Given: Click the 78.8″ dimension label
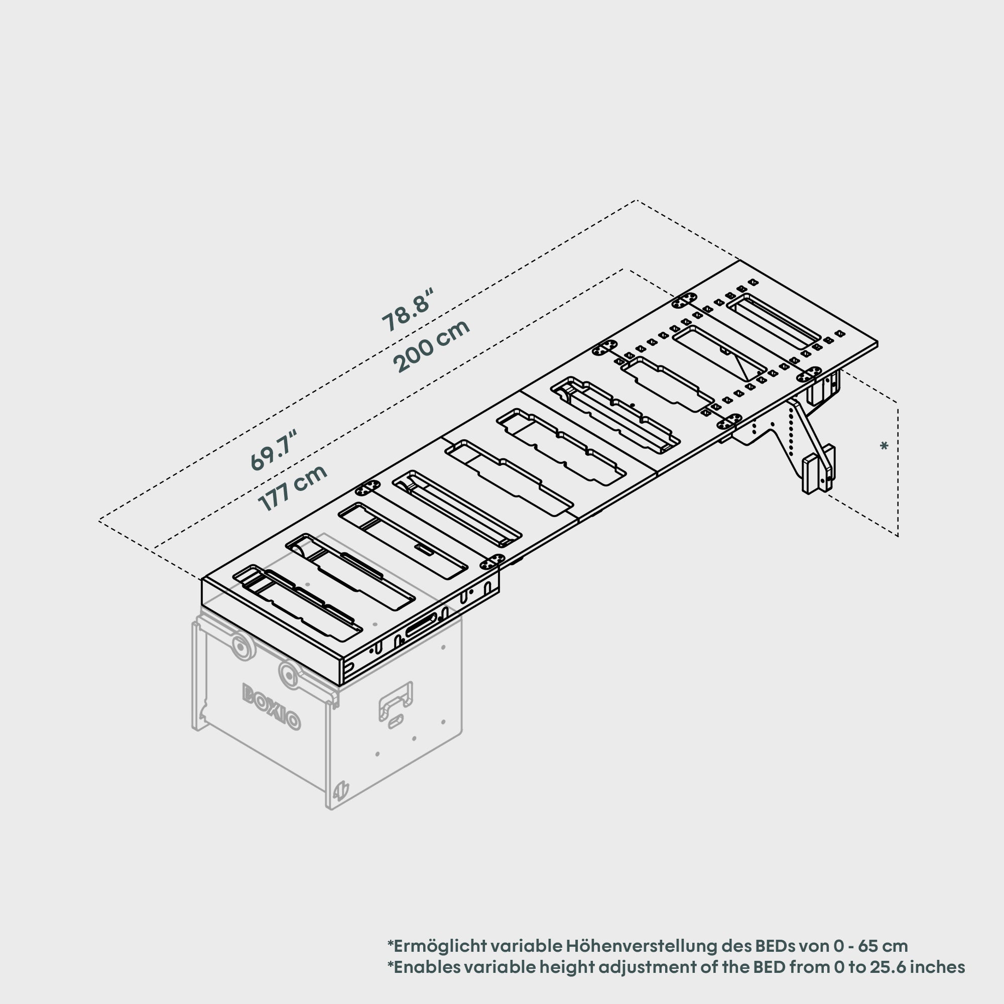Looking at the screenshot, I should point(407,310).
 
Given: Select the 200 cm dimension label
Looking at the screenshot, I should point(431,346).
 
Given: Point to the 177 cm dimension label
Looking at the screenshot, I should point(293,487).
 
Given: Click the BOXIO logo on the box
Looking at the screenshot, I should point(271,707).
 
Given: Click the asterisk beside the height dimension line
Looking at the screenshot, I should point(884,446).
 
